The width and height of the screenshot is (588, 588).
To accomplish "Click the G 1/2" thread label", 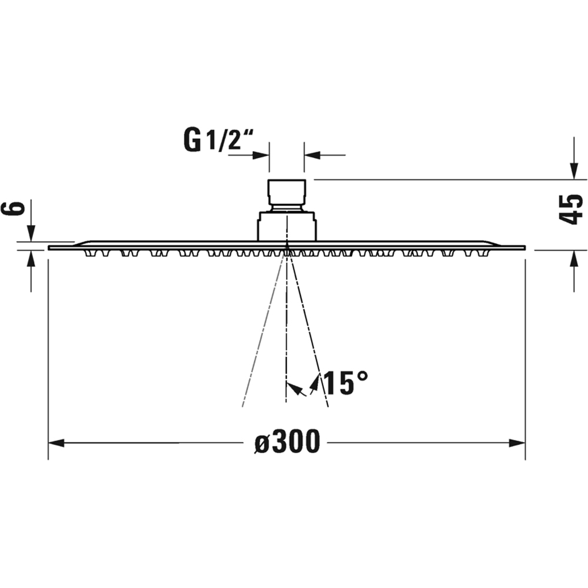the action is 218,139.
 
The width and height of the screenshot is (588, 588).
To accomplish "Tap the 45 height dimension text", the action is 571,209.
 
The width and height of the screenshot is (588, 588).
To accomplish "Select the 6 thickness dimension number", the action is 14,209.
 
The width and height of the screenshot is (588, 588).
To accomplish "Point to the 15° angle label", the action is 345,383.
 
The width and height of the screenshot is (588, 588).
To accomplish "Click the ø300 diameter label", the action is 288,442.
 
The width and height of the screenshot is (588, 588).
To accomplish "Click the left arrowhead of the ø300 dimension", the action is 56,443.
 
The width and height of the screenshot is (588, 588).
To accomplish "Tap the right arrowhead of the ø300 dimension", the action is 517,443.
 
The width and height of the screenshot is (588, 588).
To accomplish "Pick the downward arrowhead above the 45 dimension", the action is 573,171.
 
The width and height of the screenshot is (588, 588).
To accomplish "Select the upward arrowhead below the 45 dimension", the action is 573,259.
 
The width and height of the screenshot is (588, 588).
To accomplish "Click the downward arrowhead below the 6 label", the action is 31,233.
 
